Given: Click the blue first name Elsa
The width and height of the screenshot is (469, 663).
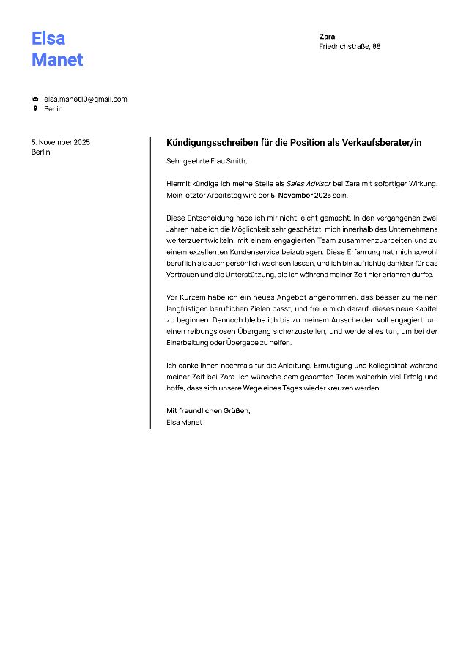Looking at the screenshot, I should (x=48, y=38).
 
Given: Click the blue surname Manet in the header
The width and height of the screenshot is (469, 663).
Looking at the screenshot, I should (x=57, y=60).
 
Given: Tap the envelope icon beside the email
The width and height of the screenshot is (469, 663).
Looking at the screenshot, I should (x=34, y=99).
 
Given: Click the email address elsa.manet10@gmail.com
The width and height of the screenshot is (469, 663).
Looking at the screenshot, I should (x=85, y=99).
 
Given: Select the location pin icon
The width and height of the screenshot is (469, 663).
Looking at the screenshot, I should (x=34, y=108).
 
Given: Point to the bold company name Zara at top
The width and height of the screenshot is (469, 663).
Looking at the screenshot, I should (x=327, y=36).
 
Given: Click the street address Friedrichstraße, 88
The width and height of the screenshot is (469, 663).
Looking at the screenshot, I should (x=350, y=46).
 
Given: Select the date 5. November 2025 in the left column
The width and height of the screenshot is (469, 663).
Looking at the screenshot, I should (x=61, y=142).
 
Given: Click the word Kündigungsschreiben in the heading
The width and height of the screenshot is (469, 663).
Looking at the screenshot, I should (x=211, y=142).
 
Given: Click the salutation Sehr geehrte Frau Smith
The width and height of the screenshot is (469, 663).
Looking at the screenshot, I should (x=207, y=160).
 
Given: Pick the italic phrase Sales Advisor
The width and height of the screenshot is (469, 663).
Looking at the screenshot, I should (x=309, y=183).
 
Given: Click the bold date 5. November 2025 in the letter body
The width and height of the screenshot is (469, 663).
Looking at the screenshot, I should (x=300, y=196).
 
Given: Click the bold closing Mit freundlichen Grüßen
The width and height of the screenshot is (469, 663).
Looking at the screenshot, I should (x=208, y=411).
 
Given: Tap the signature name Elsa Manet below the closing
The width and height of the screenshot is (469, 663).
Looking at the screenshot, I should (x=184, y=422).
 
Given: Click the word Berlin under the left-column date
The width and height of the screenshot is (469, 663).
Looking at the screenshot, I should (x=41, y=152).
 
